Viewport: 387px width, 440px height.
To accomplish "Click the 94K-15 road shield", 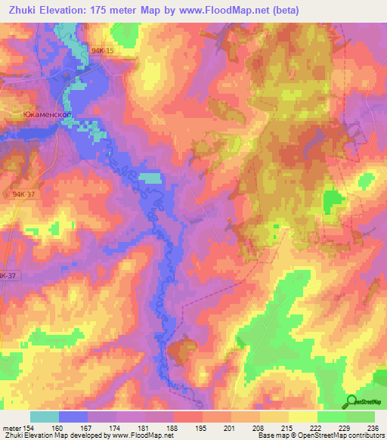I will click(102, 50).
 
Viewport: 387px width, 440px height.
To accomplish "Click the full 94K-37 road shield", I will click(24, 194).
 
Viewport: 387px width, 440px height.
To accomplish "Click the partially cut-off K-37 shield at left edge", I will click(8, 276).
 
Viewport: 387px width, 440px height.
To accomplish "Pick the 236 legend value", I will click(372, 427).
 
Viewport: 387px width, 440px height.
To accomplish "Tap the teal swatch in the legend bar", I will click(44, 417).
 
